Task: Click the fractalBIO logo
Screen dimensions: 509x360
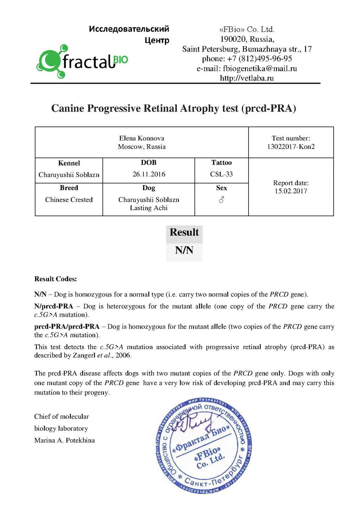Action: [x=82, y=62]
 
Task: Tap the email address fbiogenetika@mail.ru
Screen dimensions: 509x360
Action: [x=260, y=69]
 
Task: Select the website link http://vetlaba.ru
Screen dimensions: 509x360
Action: [x=247, y=78]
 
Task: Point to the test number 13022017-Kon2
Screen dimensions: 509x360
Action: [x=291, y=147]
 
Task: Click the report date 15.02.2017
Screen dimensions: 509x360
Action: [x=291, y=191]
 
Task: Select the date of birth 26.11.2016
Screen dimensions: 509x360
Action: [x=149, y=174]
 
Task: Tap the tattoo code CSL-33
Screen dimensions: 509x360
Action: [x=221, y=174]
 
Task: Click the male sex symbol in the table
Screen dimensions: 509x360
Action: [x=221, y=200]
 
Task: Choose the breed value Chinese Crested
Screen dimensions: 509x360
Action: [x=69, y=200]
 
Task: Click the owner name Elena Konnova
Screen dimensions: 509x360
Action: [x=142, y=138]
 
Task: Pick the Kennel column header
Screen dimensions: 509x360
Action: [x=69, y=163]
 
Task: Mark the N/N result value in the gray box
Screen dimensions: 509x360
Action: [x=184, y=250]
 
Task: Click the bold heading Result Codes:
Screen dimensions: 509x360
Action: [x=56, y=279]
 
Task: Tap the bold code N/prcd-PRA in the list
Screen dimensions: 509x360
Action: [x=53, y=306]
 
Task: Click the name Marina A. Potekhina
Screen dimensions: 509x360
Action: [x=64, y=440]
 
